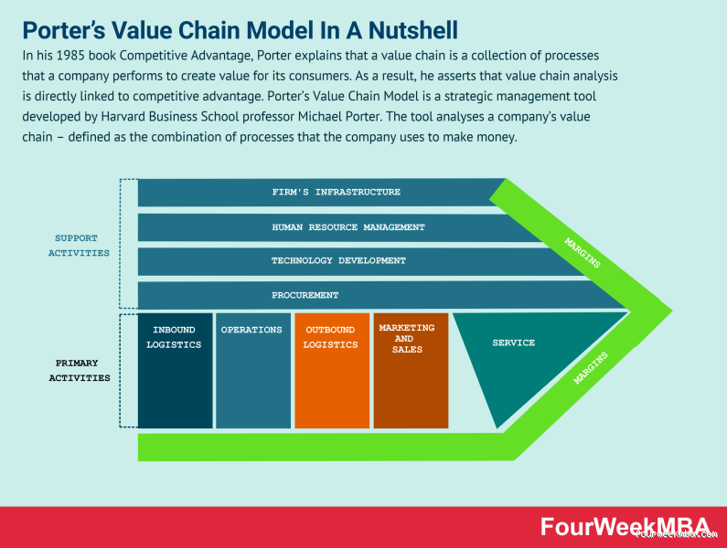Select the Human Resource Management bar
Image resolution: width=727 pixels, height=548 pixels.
tap(347, 227)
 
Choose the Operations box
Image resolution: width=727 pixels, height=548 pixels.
tap(251, 370)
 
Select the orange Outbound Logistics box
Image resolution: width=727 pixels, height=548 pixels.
tap(330, 370)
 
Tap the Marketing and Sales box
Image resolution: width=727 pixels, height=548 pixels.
tap(410, 370)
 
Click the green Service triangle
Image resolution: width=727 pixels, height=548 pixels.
tap(512, 352)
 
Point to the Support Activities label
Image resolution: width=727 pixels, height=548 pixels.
tap(78, 246)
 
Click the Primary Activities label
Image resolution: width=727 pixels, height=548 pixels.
tap(79, 370)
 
